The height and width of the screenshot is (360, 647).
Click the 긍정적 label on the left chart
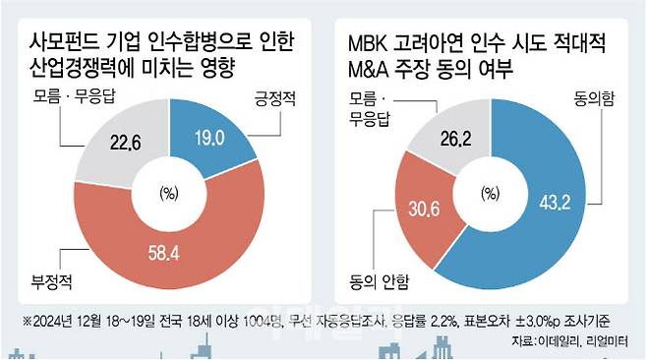pyautogui.click(x=258, y=98)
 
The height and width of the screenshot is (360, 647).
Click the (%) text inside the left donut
pyautogui.click(x=167, y=192)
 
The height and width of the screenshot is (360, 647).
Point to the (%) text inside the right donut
pyautogui.click(x=490, y=192)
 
